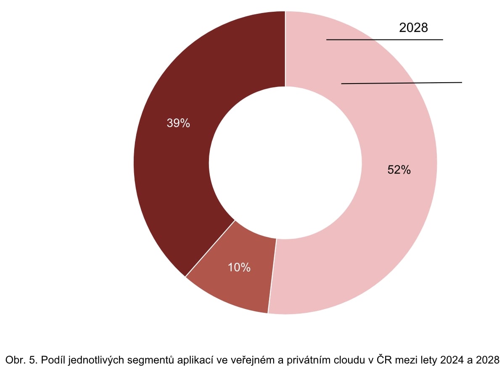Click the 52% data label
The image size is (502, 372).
point(399,170)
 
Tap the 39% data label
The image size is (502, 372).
point(178,123)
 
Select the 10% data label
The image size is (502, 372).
point(239,267)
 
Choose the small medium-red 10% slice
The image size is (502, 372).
point(235,286)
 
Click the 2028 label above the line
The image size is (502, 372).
point(413,28)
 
